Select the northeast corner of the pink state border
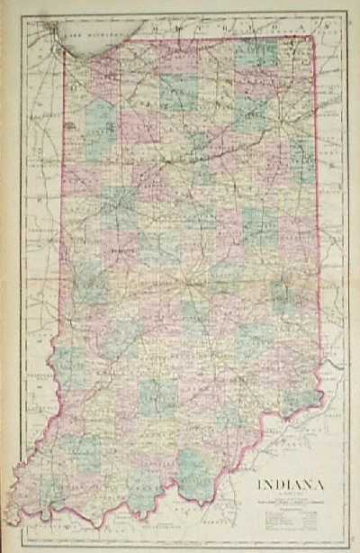[311, 37]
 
